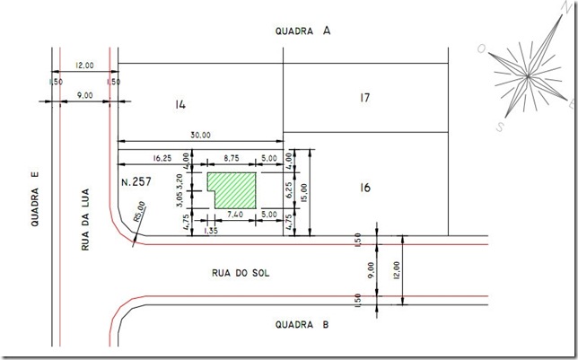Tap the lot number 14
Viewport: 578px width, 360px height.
[180, 105]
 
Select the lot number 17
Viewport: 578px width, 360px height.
[365, 98]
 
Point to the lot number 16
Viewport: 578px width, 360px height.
[365, 188]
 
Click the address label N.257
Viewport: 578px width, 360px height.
[136, 181]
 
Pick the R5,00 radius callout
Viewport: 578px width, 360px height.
[140, 212]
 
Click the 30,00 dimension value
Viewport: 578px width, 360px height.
[200, 135]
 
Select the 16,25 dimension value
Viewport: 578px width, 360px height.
[162, 158]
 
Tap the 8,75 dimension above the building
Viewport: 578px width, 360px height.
[232, 158]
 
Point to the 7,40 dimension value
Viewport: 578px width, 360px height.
[235, 215]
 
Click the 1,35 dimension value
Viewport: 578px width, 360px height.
[211, 231]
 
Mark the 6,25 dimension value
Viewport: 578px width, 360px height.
[289, 190]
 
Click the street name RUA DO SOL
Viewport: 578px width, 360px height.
[241, 273]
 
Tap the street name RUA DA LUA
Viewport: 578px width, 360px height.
[85, 220]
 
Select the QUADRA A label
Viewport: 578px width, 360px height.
[302, 31]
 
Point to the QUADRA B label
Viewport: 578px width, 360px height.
[302, 325]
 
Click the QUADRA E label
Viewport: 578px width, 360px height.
[35, 198]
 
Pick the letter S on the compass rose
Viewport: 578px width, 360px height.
[500, 127]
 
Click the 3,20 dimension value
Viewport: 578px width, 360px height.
[180, 180]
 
